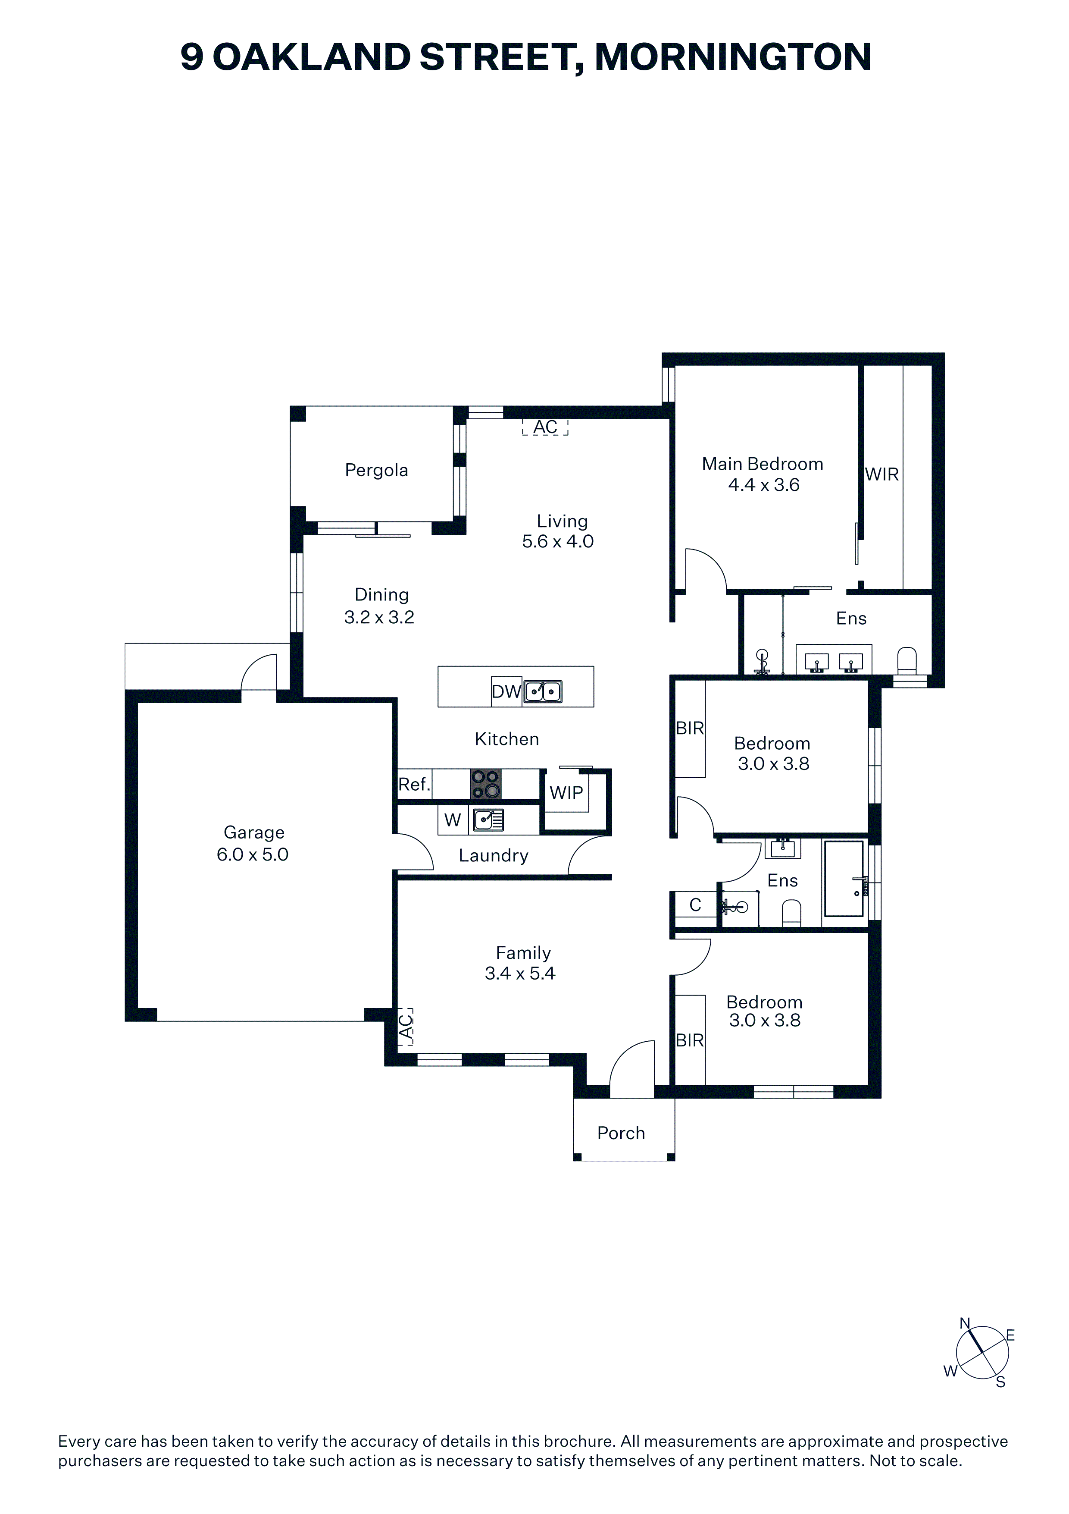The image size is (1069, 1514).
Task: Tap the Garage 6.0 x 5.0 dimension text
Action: (x=253, y=854)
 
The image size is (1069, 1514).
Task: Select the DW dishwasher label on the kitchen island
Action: (x=506, y=692)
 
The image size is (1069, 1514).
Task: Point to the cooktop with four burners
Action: (x=486, y=785)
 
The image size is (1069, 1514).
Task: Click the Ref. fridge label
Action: (x=414, y=785)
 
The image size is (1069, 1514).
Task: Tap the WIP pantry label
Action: (x=566, y=793)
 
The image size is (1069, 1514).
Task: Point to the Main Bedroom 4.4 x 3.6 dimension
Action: (x=764, y=485)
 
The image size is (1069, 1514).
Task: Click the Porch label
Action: (x=621, y=1133)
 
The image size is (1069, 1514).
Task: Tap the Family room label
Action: (x=523, y=953)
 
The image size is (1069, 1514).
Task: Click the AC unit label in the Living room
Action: (x=545, y=427)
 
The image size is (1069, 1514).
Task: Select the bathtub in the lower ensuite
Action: (x=844, y=878)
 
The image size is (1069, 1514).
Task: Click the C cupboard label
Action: (x=695, y=905)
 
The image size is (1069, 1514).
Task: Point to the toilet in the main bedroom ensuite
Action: (x=907, y=661)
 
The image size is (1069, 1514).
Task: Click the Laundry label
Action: (x=494, y=856)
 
